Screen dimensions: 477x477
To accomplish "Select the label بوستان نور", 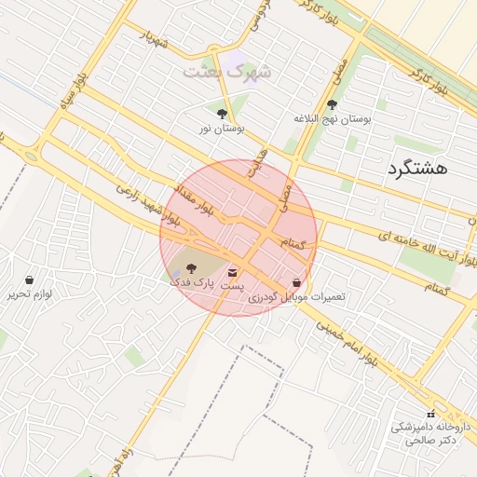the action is point(221,129).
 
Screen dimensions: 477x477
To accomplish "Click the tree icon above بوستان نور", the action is point(221,115).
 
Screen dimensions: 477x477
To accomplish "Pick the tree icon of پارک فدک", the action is point(178,268).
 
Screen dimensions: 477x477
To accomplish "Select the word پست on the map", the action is point(232,286).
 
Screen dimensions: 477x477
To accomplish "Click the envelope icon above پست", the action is point(232,273).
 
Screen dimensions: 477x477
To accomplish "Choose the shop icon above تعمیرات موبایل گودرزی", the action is point(297,282).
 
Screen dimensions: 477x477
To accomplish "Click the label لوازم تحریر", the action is point(30,293).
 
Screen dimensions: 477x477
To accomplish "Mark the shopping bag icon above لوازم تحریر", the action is point(30,279).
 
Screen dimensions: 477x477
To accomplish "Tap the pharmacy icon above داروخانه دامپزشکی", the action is point(429,413).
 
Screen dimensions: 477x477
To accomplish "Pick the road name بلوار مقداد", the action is point(195,198).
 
